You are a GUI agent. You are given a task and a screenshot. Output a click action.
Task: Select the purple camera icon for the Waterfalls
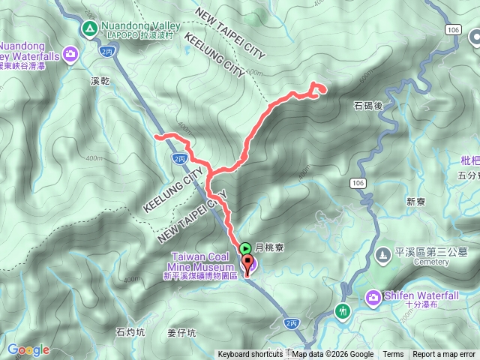point(70,53)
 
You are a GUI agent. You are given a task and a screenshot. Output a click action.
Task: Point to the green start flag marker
point(246,248)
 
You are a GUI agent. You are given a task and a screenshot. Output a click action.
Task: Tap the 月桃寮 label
point(269,248)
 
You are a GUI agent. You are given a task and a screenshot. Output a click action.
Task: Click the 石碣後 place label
point(367,106)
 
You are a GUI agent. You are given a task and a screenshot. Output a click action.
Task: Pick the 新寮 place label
point(415,201)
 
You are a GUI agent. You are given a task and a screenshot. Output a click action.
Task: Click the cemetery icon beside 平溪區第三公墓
point(383,256)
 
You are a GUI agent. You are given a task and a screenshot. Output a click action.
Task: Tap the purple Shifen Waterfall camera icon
point(373,298)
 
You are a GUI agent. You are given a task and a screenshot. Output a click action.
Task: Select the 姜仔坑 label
point(181,332)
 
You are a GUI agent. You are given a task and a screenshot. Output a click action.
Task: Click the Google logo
point(28,349)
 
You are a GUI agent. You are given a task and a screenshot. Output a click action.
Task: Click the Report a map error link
point(444,355)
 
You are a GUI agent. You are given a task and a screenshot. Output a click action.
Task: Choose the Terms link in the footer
point(393,355)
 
